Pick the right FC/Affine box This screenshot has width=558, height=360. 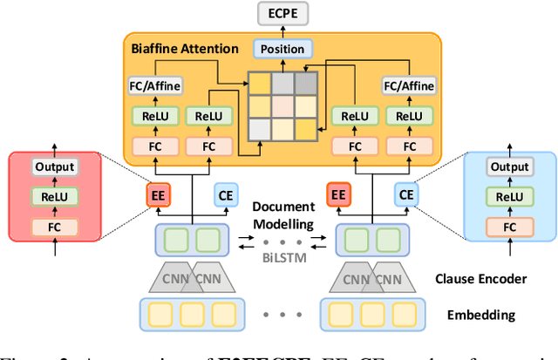[x=408, y=85]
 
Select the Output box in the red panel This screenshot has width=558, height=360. [x=54, y=166]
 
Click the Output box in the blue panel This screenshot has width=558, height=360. [x=510, y=166]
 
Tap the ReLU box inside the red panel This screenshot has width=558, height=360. [x=54, y=197]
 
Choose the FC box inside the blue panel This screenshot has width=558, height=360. [x=510, y=227]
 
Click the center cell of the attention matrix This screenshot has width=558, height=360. [x=282, y=106]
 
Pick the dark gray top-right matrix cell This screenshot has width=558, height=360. [x=305, y=84]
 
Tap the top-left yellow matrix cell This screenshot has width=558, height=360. [x=260, y=84]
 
